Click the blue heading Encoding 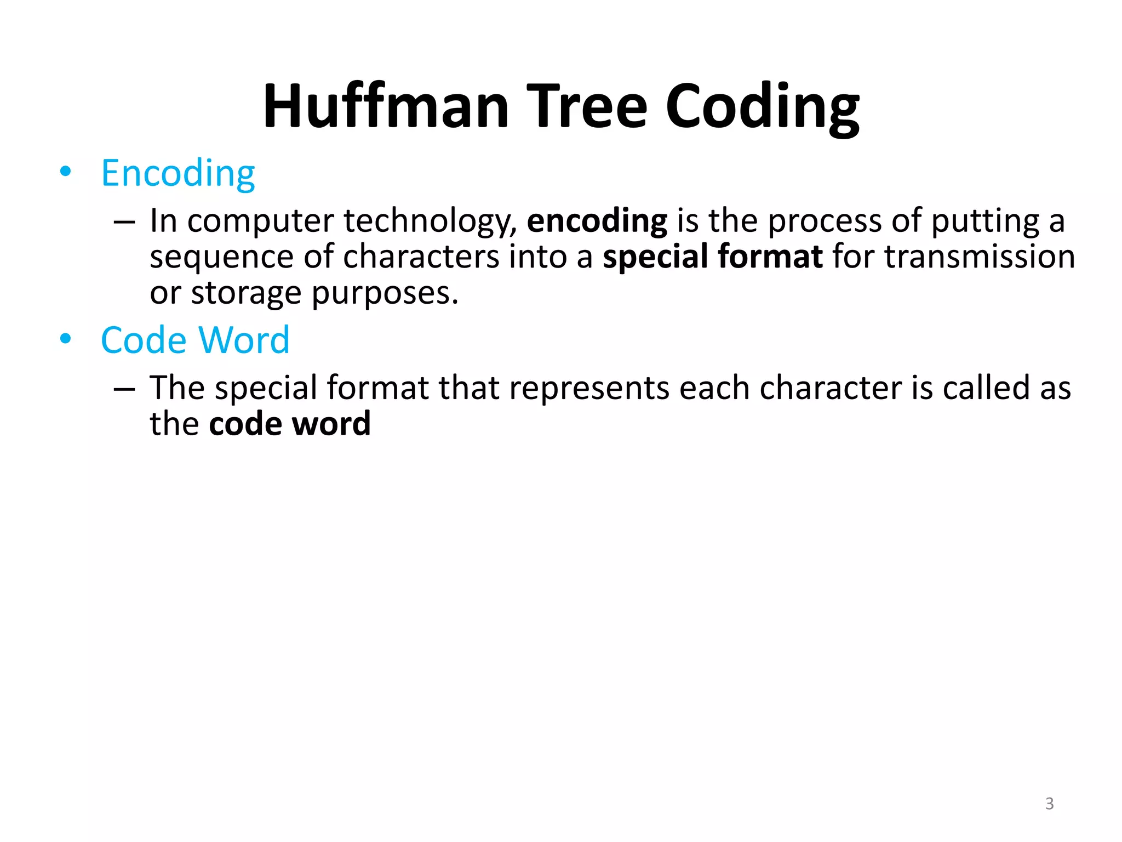(x=178, y=173)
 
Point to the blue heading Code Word (x=195, y=340)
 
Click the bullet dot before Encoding (x=66, y=172)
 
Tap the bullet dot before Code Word (x=66, y=339)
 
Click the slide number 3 (x=1049, y=804)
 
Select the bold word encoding (x=597, y=221)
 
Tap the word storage (x=246, y=293)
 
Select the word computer (x=260, y=221)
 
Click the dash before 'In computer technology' (x=124, y=222)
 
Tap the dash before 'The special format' (x=124, y=389)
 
